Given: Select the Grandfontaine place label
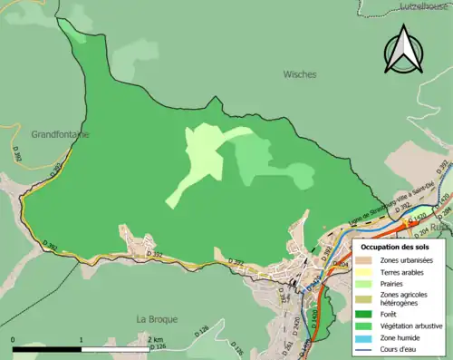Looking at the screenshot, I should (60, 133).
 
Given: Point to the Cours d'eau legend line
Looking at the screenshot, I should (366, 349).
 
